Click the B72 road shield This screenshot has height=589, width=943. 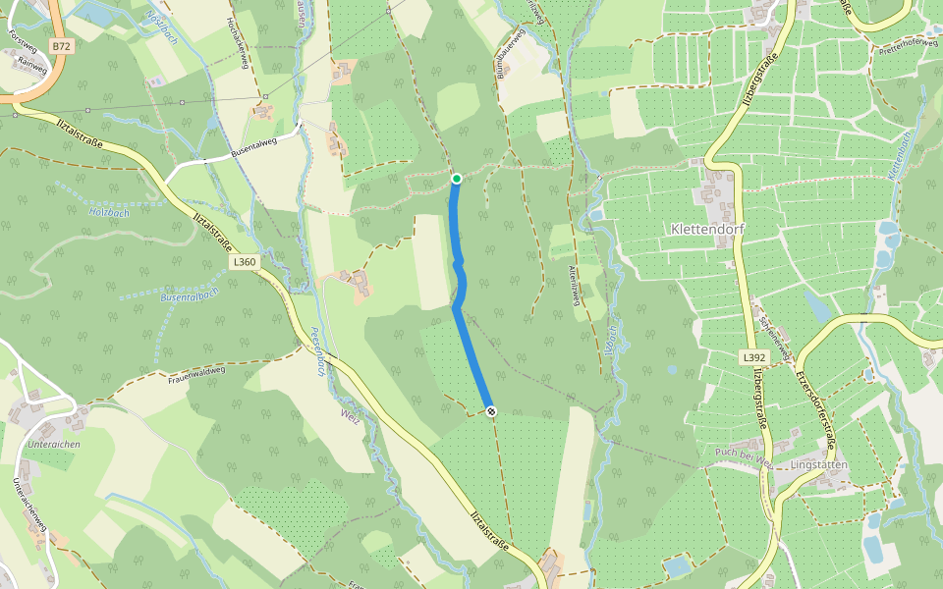tap(63, 46)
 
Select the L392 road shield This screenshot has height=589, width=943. tap(753, 357)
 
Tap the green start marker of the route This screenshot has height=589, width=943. tap(457, 178)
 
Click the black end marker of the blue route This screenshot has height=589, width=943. tap(490, 412)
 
